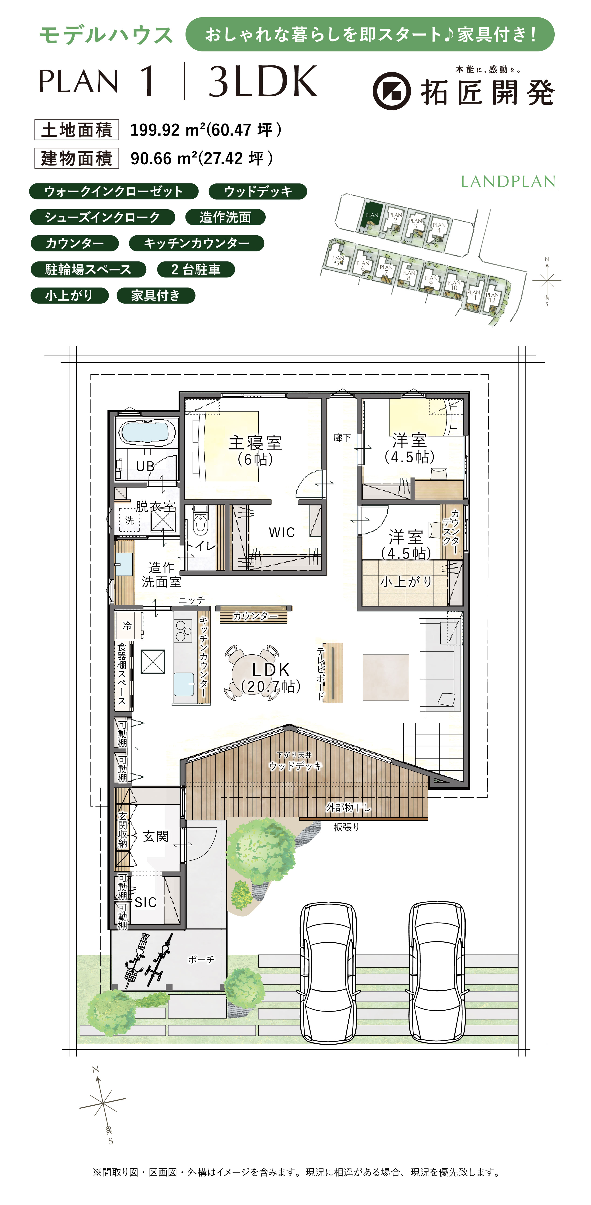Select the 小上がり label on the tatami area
(405, 582)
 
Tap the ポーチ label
(201, 959)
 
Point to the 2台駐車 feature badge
(196, 269)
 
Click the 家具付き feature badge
(155, 296)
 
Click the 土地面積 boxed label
(76, 130)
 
